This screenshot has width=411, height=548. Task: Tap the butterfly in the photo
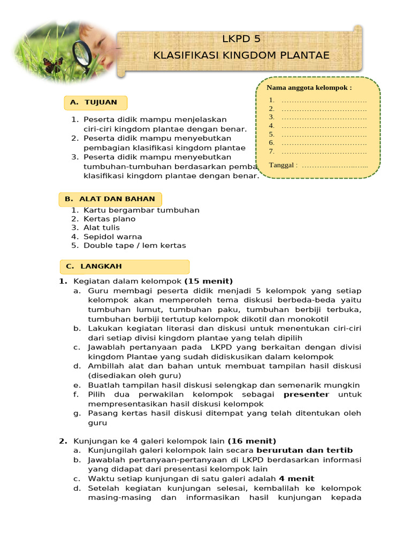pos(52,66)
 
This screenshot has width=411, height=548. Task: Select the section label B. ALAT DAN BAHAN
pos(110,199)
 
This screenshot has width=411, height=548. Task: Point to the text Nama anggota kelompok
pos(309,88)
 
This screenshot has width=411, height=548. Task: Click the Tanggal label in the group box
pos(283,165)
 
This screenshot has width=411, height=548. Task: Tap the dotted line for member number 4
pos(324,126)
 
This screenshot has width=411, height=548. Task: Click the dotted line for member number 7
pos(324,151)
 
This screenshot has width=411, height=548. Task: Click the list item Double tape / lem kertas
pos(134,246)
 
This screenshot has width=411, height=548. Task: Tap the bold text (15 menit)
pos(209,281)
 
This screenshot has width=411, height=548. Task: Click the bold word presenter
pos(306,394)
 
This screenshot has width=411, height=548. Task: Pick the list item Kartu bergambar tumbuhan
pos(141,210)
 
